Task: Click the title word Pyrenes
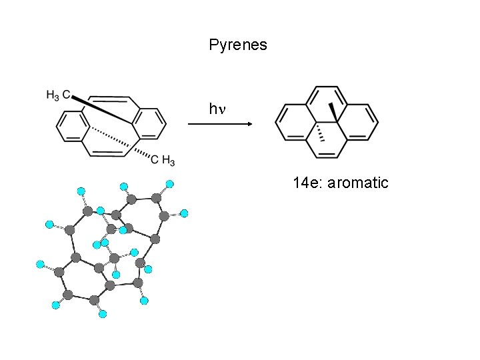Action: (x=237, y=45)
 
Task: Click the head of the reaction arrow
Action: (x=248, y=123)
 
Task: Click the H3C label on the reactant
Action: (x=58, y=95)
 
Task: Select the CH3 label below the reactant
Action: (x=163, y=160)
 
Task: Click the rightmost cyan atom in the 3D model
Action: (x=185, y=213)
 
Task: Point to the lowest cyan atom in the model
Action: (x=102, y=313)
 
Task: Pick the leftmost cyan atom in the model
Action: (x=39, y=265)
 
